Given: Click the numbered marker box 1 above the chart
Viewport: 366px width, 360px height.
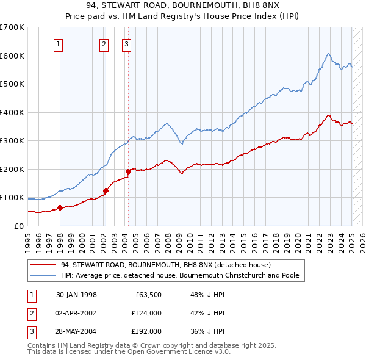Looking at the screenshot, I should click(x=59, y=43).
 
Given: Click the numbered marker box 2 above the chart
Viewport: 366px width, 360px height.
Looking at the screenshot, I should click(x=104, y=43).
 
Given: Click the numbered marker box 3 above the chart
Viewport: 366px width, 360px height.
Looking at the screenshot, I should click(x=126, y=43).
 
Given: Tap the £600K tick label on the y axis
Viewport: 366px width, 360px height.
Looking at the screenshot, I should click(x=12, y=56).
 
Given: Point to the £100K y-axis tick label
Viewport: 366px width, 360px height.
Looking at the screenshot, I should click(x=12, y=198).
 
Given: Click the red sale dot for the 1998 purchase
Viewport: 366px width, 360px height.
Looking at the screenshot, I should click(x=60, y=207).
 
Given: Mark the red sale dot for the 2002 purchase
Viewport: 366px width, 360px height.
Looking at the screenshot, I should click(x=106, y=190).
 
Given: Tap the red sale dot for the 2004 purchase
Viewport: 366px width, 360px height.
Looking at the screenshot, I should click(x=129, y=171).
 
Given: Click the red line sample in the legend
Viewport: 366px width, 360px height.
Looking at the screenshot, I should click(x=43, y=265).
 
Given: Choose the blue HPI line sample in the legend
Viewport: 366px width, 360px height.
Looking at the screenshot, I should click(x=43, y=275).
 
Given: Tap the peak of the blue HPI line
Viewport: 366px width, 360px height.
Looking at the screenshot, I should click(x=328, y=54).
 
